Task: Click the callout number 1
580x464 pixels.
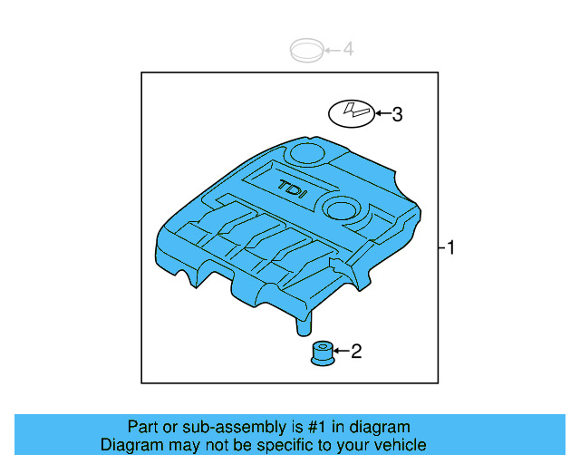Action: (x=450, y=247)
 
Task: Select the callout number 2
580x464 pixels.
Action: (x=356, y=351)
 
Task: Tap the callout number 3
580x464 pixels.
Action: (x=396, y=114)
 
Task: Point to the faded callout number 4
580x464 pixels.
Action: (x=348, y=49)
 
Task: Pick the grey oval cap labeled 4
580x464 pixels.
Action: (x=306, y=50)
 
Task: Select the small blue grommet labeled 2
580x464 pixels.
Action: (x=322, y=353)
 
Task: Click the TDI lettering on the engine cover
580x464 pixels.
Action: (x=293, y=188)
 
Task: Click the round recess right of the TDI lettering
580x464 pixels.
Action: (x=343, y=208)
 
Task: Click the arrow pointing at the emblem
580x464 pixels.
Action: (x=382, y=114)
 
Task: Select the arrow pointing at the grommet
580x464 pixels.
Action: (x=342, y=351)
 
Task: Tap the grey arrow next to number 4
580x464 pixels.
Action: (x=333, y=49)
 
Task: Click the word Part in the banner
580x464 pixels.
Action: (x=143, y=427)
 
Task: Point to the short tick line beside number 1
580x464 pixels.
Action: (x=441, y=247)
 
